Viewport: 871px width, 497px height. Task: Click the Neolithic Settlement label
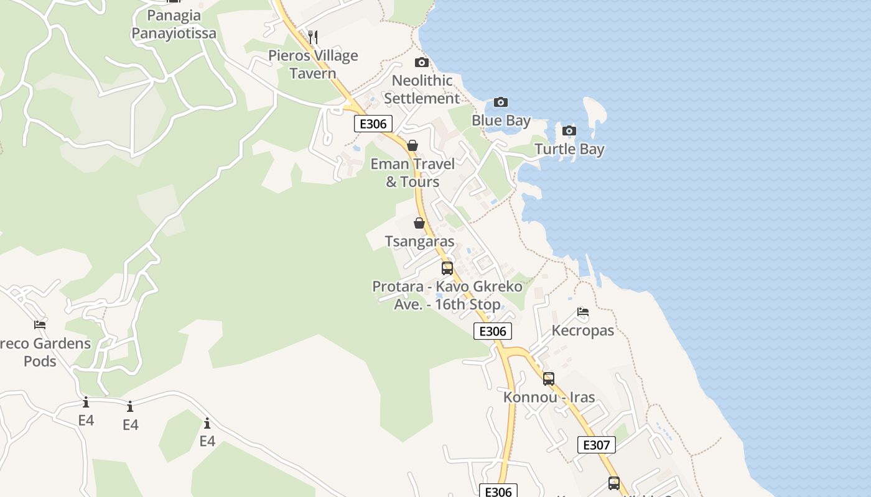click(422, 89)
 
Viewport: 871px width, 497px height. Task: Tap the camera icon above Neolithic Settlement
click(422, 62)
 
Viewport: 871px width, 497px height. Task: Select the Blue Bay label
click(501, 121)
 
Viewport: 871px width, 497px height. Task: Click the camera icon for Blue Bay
click(501, 102)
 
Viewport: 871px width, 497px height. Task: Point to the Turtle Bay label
click(569, 149)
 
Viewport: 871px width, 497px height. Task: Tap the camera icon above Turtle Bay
click(569, 130)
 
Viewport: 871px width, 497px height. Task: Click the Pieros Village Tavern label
click(313, 65)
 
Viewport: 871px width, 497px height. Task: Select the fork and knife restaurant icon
click(313, 37)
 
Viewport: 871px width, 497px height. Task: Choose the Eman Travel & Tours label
click(412, 173)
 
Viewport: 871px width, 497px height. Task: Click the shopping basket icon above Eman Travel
click(412, 145)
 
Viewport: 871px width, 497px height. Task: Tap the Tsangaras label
click(419, 241)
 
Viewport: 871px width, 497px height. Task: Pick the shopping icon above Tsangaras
click(419, 223)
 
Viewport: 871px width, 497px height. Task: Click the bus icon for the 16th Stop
click(447, 268)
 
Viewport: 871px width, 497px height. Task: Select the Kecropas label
click(583, 331)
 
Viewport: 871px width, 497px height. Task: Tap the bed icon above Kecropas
click(583, 312)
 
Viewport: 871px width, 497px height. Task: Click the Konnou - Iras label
click(549, 397)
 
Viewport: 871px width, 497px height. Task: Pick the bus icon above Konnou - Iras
click(548, 378)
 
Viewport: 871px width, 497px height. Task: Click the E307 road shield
click(597, 445)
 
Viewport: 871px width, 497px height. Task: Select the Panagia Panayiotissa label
click(174, 24)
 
